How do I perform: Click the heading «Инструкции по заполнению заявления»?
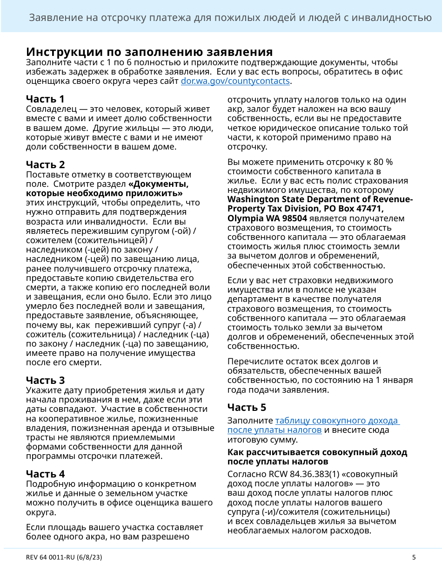click(x=149, y=52)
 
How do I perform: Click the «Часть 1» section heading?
click(x=45, y=99)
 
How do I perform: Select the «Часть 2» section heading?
click(x=45, y=164)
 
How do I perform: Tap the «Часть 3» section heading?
click(x=45, y=380)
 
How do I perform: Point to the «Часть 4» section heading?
click(x=45, y=474)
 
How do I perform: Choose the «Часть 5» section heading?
click(x=247, y=407)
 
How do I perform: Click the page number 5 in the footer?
click(x=414, y=557)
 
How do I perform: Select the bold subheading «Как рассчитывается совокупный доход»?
click(x=317, y=452)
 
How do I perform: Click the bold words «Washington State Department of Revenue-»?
click(x=320, y=199)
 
